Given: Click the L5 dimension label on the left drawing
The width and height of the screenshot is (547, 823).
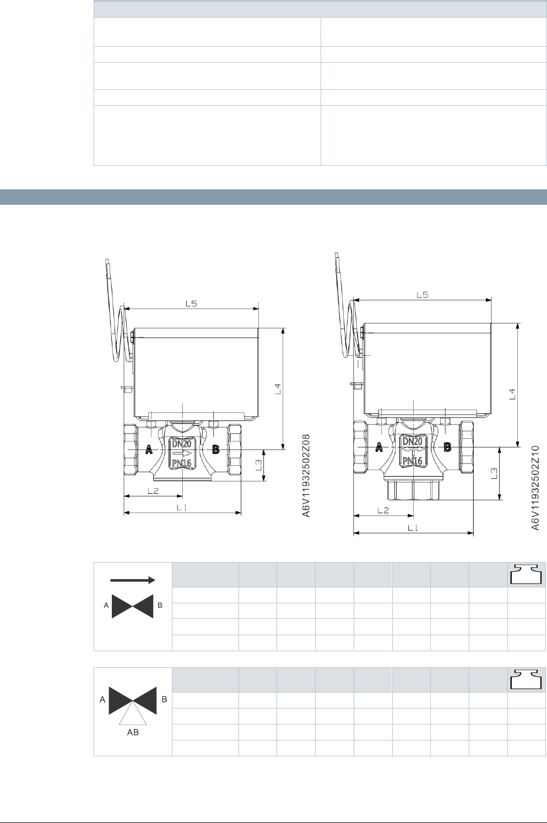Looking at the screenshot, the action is pyautogui.click(x=191, y=303).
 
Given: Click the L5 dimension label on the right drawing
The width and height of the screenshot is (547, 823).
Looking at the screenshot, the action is pyautogui.click(x=423, y=295).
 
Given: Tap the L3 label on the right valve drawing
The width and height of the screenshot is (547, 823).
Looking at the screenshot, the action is pyautogui.click(x=495, y=473).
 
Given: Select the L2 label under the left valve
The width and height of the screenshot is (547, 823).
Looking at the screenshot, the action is pyautogui.click(x=153, y=491).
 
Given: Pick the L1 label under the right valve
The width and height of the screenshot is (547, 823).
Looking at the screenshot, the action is pyautogui.click(x=413, y=528).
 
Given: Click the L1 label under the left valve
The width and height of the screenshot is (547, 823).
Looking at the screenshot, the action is pyautogui.click(x=182, y=508).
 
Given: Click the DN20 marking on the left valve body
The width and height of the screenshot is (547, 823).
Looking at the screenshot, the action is pyautogui.click(x=182, y=444).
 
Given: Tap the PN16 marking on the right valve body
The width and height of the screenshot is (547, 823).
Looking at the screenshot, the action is pyautogui.click(x=413, y=461).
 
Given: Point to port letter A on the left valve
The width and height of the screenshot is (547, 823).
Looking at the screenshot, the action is pyautogui.click(x=149, y=449).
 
